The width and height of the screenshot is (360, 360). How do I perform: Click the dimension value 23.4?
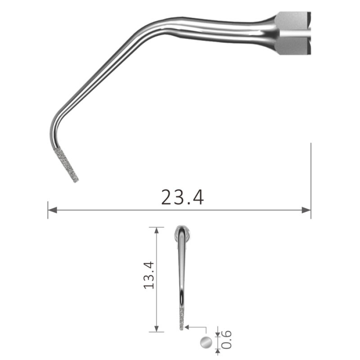(x=182, y=197)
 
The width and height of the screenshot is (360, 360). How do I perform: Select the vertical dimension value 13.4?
(x=148, y=275)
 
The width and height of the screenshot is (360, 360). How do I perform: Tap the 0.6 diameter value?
(x=226, y=339)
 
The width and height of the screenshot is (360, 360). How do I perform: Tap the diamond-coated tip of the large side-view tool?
(x=67, y=165)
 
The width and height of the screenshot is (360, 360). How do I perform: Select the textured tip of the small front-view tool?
(x=182, y=320)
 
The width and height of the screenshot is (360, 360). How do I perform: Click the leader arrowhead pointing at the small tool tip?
(x=188, y=327)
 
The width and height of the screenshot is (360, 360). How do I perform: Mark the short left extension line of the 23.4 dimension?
(x=48, y=210)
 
